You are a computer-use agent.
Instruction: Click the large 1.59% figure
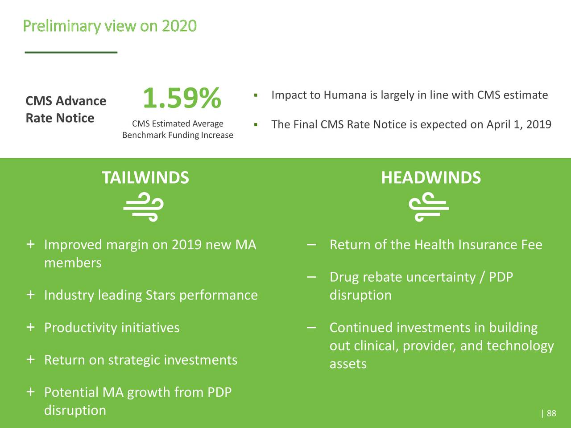tap(182, 99)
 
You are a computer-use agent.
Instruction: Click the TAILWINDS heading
tap(145, 177)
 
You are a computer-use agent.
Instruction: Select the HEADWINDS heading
tap(431, 177)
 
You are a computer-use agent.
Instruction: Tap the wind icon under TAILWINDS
tap(144, 207)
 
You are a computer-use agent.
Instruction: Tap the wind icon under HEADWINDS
tap(428, 207)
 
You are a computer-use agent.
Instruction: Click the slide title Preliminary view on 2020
tap(109, 26)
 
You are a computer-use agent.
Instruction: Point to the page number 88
tap(551, 413)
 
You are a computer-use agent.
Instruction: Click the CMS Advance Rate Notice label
tap(66, 109)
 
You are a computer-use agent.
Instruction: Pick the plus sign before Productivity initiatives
tap(30, 327)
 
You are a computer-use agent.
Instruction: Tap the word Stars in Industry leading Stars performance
tap(161, 295)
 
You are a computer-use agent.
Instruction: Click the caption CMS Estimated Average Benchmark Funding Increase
tap(178, 129)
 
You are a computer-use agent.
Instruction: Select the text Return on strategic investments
tap(141, 360)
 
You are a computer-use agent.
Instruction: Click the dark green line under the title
tap(71, 53)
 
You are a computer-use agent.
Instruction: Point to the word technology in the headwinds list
tap(520, 346)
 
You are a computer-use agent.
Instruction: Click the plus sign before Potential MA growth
tap(30, 392)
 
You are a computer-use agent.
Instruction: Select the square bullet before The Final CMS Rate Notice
tap(256, 124)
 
